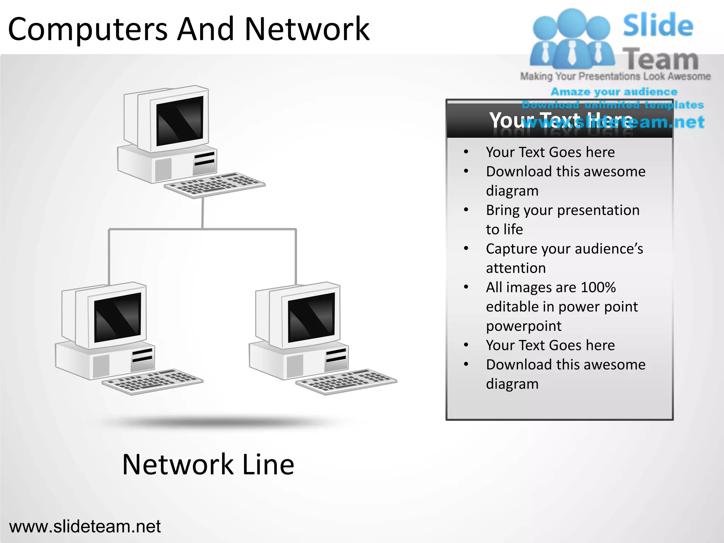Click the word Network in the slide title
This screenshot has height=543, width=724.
pyautogui.click(x=306, y=29)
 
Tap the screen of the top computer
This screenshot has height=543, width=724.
pyautogui.click(x=180, y=121)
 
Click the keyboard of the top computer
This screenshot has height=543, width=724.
pyautogui.click(x=215, y=184)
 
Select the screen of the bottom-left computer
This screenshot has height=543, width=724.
pyautogui.click(x=117, y=317)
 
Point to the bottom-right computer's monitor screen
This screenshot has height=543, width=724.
pyautogui.click(x=311, y=317)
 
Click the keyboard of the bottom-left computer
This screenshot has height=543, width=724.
pyautogui.click(x=152, y=381)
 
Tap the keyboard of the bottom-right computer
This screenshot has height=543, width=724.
pyautogui.click(x=346, y=381)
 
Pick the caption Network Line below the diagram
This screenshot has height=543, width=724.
pyautogui.click(x=208, y=465)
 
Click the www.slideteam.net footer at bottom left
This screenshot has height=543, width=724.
pyautogui.click(x=85, y=526)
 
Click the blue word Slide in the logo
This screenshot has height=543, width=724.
pyautogui.click(x=658, y=25)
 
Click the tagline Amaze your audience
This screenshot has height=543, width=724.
pyautogui.click(x=614, y=92)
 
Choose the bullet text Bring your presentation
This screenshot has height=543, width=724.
pyautogui.click(x=562, y=210)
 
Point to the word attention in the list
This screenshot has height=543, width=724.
pyautogui.click(x=516, y=268)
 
